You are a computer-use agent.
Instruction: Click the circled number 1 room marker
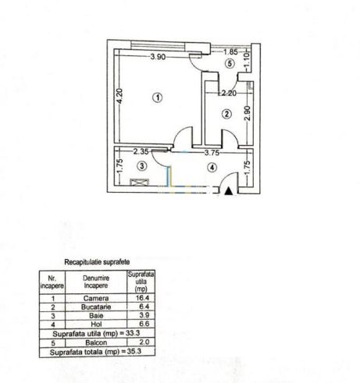158,98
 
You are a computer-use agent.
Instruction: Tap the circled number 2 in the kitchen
226,114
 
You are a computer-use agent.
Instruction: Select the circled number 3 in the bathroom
142,166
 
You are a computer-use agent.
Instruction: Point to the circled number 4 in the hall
212,168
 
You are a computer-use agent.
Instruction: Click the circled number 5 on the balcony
230,63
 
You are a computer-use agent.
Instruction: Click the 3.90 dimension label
158,56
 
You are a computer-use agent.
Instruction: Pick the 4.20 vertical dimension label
119,96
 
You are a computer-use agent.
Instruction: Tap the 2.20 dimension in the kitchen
228,93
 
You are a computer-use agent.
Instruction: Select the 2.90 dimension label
248,113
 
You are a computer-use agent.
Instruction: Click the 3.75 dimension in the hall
212,153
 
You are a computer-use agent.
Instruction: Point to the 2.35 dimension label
141,151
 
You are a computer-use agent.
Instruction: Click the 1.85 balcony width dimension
230,51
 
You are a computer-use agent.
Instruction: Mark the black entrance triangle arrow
229,191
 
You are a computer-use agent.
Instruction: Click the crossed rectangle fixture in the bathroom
140,182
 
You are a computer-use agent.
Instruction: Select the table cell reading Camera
96,298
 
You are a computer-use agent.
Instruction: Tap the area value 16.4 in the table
142,298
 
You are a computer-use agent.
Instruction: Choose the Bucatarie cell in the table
96,307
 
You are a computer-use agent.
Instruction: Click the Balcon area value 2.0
144,342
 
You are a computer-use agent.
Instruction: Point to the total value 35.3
134,352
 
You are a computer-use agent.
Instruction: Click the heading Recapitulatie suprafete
97,262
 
